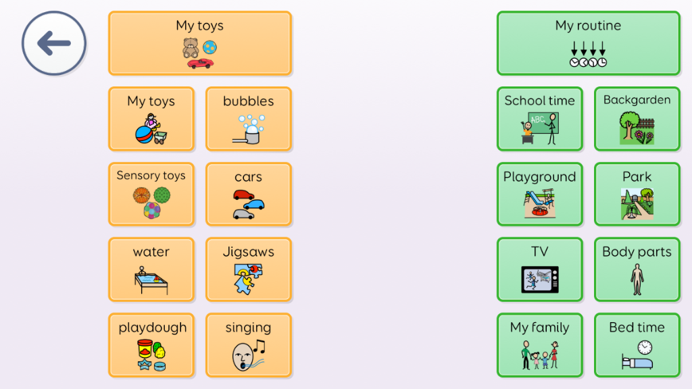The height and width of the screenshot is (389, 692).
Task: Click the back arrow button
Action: pos(54,43)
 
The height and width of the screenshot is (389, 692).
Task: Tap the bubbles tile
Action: pos(249,119)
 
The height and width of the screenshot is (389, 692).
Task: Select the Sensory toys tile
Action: pos(151,194)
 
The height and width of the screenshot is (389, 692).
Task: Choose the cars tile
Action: pos(249,194)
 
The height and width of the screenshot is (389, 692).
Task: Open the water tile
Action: pos(151,269)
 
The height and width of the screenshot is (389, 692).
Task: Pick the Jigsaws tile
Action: pos(249,269)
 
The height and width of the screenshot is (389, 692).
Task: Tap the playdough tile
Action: pos(151,345)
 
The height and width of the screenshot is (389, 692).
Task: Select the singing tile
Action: pos(249,345)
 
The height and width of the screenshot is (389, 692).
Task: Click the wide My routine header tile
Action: pos(589,43)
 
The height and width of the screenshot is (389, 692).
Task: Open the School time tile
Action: pos(540,119)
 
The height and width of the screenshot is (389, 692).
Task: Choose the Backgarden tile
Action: pos(637,119)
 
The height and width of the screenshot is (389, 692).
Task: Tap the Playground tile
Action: pos(540,194)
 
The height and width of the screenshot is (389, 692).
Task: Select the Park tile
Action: pos(637,194)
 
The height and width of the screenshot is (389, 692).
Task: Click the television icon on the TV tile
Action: pos(540,279)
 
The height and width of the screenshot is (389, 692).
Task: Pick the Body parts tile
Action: pos(637,269)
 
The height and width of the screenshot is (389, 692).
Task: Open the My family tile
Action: pos(540,345)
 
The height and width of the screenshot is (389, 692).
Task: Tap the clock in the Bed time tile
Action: pos(645,347)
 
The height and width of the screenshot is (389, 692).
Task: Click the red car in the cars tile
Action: pos(243,195)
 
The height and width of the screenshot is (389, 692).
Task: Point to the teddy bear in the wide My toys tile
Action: pos(191,48)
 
